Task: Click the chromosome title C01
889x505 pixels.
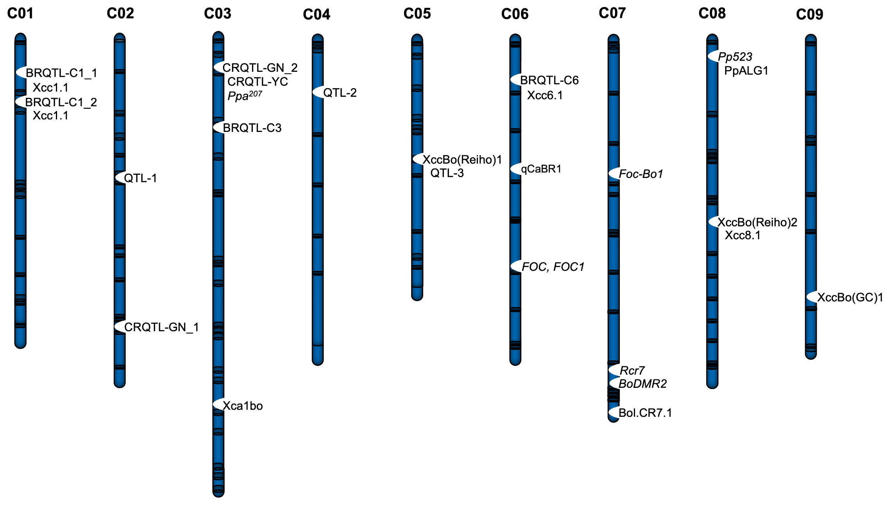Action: pos(20,14)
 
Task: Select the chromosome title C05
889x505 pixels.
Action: pos(417,14)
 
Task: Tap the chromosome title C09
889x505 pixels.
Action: pos(809,15)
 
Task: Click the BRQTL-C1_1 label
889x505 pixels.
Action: pos(61,73)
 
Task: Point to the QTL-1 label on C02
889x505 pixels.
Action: pos(140,178)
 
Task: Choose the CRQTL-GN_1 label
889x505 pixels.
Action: pos(161,327)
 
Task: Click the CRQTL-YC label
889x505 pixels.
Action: pos(258,82)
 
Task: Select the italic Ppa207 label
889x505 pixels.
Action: pos(245,96)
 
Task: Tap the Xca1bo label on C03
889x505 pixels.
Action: pos(243,406)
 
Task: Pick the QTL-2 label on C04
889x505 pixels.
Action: pos(340,93)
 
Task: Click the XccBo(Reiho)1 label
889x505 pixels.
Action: pos(462,160)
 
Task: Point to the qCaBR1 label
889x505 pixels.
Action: pos(541,169)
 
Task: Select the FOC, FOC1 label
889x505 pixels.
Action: pos(553,267)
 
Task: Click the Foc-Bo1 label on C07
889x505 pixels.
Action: pos(641,174)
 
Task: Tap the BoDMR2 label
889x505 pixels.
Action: pos(643,384)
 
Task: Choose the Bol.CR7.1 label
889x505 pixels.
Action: pos(645,413)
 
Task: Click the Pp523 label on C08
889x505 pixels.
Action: pos(735,57)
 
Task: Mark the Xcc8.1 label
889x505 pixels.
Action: pos(742,236)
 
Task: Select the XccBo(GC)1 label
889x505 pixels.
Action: pos(850,298)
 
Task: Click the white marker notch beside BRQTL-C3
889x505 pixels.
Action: pos(218,127)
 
